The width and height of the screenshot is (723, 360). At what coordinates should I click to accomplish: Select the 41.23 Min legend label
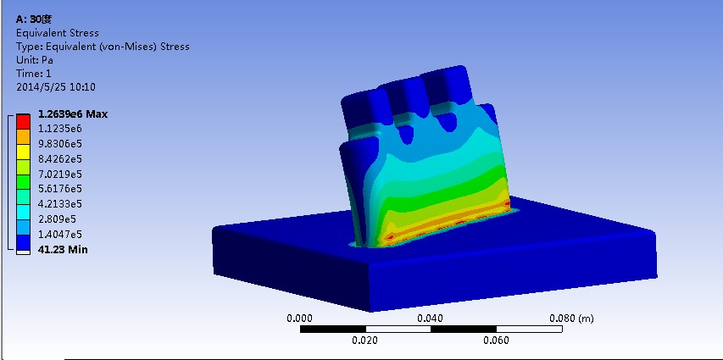point(63,249)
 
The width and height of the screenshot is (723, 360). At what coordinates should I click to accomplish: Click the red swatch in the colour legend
point(23,120)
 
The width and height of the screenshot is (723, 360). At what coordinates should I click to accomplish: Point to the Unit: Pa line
point(35,60)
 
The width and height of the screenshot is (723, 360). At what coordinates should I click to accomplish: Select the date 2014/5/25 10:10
point(55,86)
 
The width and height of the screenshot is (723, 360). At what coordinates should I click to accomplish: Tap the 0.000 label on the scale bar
point(300,318)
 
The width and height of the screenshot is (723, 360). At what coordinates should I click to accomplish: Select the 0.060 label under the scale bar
point(496,341)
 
